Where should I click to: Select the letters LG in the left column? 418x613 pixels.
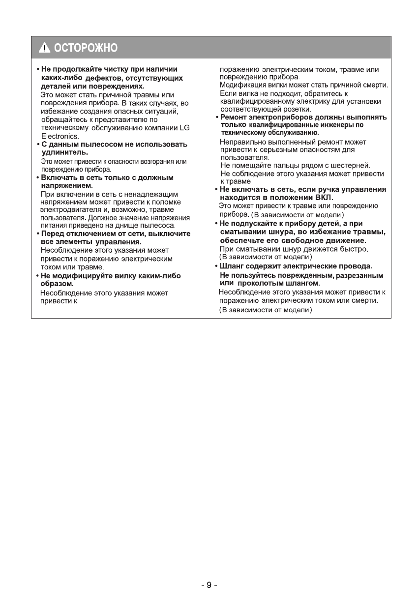point(184,128)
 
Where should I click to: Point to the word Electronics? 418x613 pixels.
point(57,136)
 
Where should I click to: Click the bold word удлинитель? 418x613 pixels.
point(64,153)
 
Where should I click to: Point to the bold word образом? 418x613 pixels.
point(57,284)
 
